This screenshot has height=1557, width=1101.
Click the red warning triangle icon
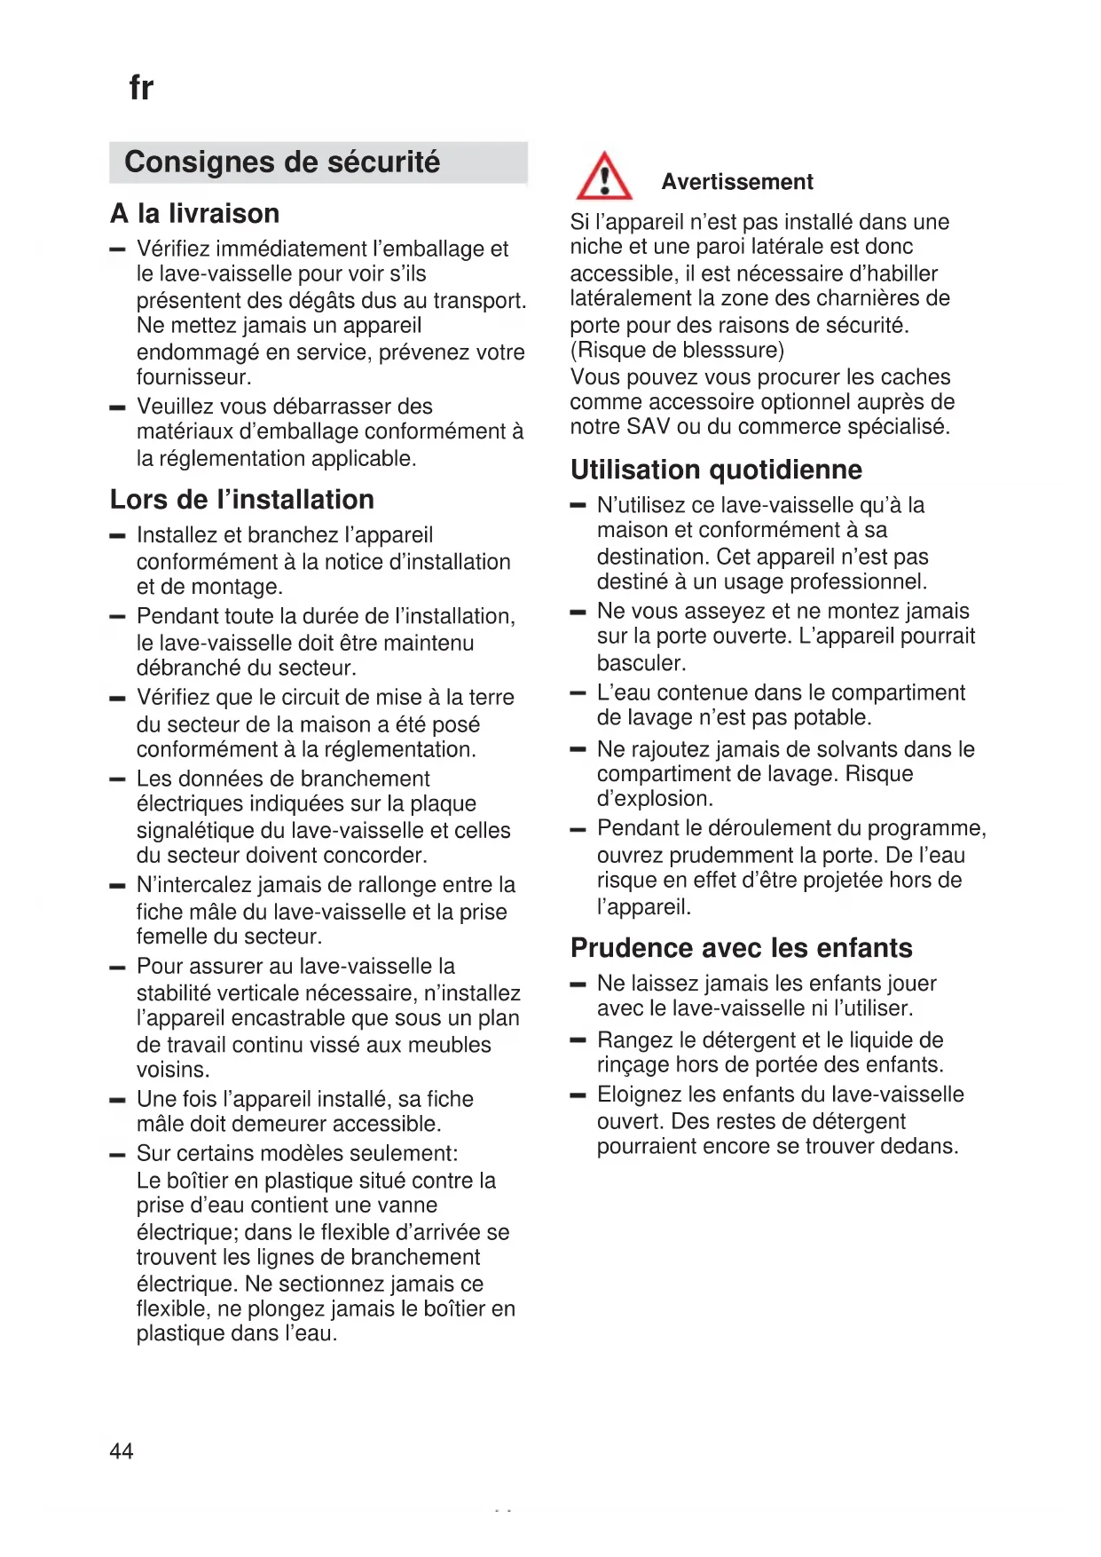604,177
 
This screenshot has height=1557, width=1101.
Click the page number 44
122,1450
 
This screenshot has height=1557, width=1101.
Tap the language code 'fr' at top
141,88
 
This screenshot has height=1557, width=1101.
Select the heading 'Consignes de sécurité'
282,162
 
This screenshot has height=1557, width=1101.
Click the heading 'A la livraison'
195,214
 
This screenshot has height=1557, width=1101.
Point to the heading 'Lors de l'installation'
242,500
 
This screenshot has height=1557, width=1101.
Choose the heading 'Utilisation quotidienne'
716,470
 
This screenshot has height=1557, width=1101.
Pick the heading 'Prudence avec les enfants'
741,948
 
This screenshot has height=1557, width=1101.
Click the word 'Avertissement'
737,182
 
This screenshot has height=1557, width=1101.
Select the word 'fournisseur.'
194,377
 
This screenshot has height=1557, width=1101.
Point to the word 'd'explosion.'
655,799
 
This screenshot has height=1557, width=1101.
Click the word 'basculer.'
641,663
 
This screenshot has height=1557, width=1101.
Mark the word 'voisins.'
173,1070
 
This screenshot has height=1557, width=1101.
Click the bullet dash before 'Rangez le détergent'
578,1039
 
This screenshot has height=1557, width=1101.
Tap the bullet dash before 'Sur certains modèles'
117,1154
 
